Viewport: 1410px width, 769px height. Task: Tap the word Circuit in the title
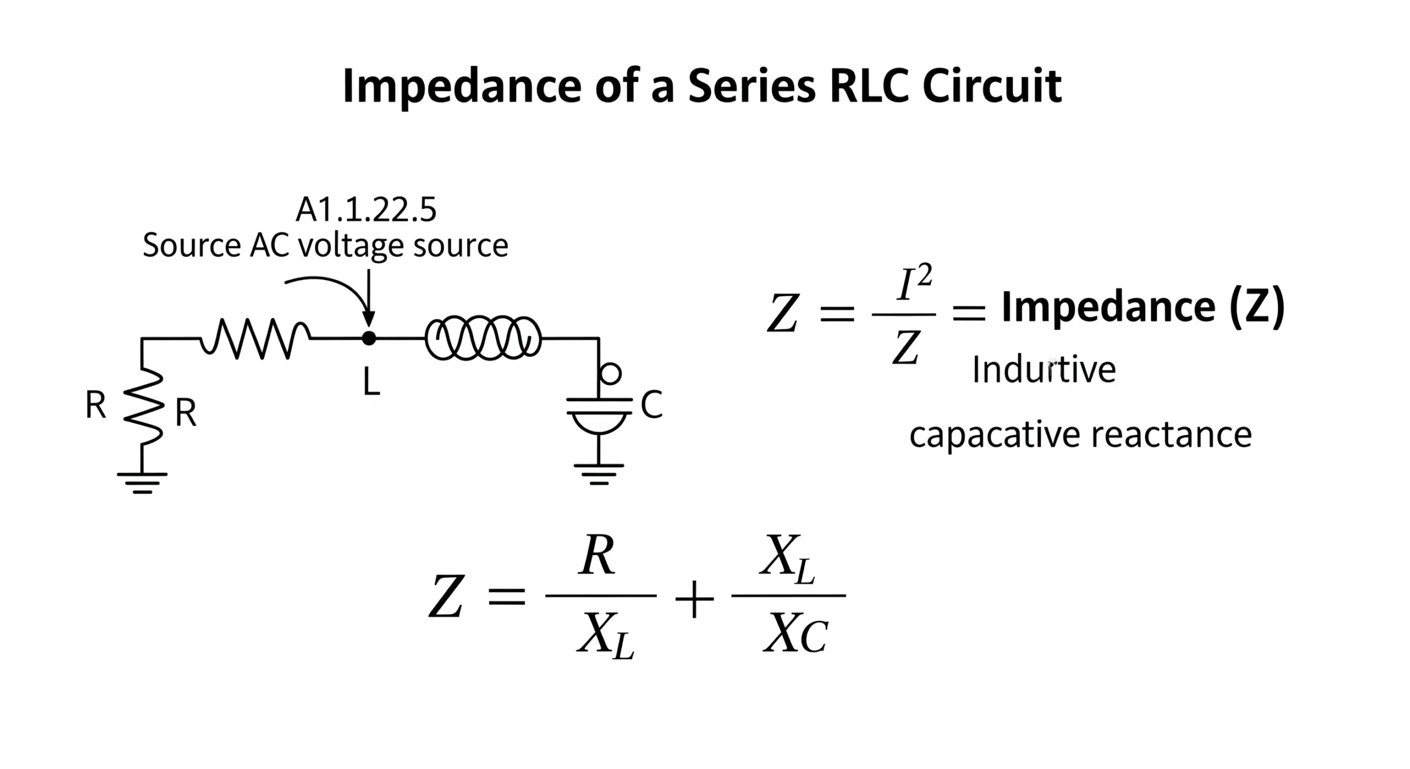pyautogui.click(x=991, y=86)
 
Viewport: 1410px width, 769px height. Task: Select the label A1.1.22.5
pyautogui.click(x=366, y=210)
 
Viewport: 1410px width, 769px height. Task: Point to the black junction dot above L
pyautogui.click(x=369, y=338)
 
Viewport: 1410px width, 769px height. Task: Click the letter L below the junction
pyautogui.click(x=372, y=382)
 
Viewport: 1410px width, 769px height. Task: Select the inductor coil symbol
pyautogui.click(x=483, y=338)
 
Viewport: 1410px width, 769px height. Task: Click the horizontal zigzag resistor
pyautogui.click(x=256, y=338)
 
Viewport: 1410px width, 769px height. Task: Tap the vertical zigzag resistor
pyautogui.click(x=143, y=407)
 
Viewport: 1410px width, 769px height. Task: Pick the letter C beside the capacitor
pyautogui.click(x=652, y=405)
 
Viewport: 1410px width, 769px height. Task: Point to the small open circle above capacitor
pyautogui.click(x=610, y=373)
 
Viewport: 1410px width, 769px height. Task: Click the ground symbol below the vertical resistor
pyautogui.click(x=142, y=483)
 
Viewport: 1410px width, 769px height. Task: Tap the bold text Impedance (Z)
pyautogui.click(x=1143, y=307)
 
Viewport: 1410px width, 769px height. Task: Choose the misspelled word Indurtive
pyautogui.click(x=1044, y=370)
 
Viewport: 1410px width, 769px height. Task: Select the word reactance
pyautogui.click(x=1172, y=435)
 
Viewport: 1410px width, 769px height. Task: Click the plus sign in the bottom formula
pyautogui.click(x=694, y=599)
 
